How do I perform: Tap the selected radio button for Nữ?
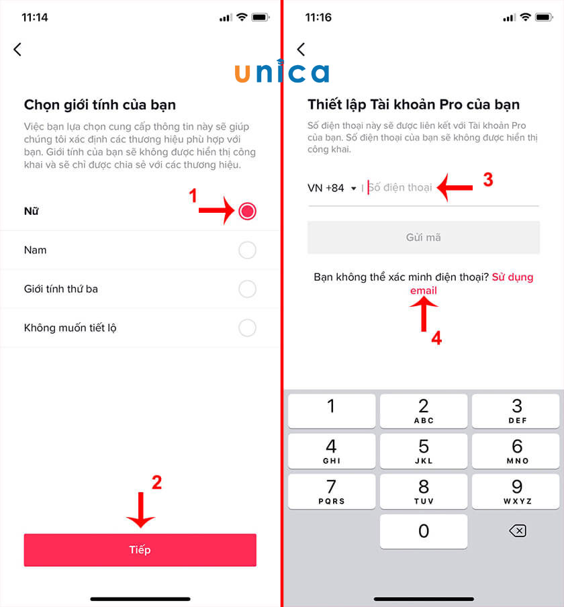247,212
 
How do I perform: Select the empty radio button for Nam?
247,250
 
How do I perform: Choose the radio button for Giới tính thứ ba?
247,289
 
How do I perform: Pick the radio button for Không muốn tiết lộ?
247,328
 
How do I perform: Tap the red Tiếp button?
140,551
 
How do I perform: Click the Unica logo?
282,72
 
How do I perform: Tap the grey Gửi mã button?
423,238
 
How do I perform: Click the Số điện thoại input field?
450,188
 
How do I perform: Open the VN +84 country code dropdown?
332,188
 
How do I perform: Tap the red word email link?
424,291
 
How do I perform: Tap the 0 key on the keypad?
424,532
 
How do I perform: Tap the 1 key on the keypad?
331,410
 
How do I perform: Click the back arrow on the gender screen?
17,49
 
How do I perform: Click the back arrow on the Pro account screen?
301,49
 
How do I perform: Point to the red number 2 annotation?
156,483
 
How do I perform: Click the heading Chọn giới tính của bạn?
100,105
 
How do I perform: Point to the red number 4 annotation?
436,339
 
